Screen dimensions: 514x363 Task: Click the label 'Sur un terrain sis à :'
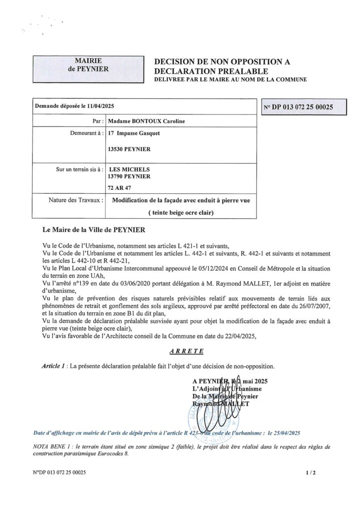[80, 169]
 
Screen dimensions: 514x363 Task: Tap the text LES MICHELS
[129, 169]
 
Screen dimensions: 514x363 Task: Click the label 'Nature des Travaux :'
[76, 200]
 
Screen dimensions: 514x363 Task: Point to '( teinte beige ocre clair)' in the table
[181, 212]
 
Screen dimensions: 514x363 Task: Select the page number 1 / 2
[311, 472]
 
